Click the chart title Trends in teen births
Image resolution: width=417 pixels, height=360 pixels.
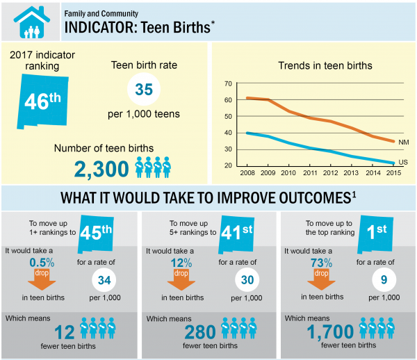(x=325, y=66)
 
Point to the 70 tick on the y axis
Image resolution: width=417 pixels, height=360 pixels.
(x=227, y=83)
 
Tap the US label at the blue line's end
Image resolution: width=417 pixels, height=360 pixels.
(x=403, y=163)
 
